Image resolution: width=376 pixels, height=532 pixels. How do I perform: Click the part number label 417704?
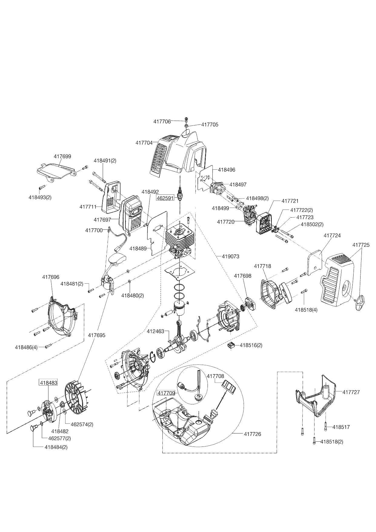tap(144, 142)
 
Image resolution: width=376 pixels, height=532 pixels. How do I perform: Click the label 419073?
tap(231, 256)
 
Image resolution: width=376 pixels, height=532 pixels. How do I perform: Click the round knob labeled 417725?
tap(361, 302)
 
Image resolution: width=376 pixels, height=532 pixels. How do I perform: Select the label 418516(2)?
tap(251, 345)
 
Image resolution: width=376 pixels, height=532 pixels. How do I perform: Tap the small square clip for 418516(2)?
tap(232, 345)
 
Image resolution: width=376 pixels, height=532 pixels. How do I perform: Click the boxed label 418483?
tap(48, 383)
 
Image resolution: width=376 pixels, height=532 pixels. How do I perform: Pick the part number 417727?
tap(351, 392)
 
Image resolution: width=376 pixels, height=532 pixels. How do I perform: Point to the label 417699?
tap(62, 156)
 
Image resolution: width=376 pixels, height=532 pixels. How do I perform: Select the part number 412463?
tap(155, 332)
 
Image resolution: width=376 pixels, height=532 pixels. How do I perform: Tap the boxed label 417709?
tap(166, 393)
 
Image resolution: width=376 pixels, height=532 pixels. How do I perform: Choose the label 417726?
tap(252, 434)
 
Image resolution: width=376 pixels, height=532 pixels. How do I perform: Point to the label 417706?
tap(162, 121)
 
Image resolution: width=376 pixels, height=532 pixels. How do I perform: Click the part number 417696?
tap(51, 277)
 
